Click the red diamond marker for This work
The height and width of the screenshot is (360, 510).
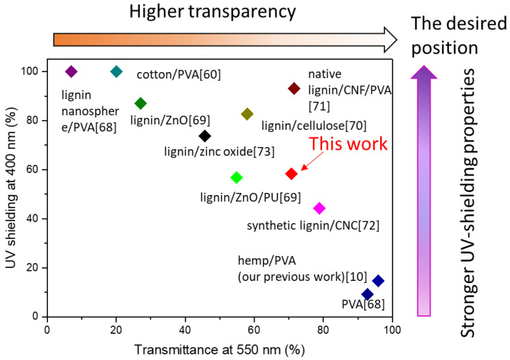[x=291, y=174]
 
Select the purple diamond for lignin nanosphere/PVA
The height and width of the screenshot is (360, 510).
[x=71, y=71]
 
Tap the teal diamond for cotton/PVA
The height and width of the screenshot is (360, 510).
[x=117, y=71]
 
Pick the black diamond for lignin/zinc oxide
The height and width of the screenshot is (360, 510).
[x=205, y=136]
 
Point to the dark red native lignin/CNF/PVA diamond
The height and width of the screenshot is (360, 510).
[x=294, y=88]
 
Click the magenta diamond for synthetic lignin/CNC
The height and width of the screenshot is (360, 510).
[x=319, y=208]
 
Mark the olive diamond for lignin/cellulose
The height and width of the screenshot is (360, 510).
[x=247, y=114]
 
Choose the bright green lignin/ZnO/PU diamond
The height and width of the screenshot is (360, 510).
[x=237, y=177]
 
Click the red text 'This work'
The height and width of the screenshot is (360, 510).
[x=348, y=144]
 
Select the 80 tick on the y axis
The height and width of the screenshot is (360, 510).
[x=34, y=121]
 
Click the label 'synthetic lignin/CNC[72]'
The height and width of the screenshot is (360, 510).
[x=312, y=225]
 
